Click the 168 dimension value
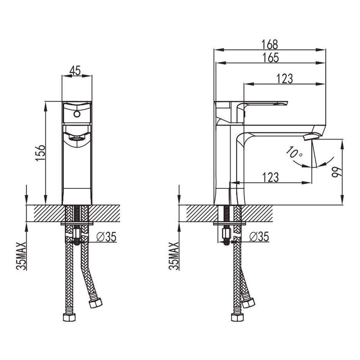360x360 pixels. click(x=270, y=44)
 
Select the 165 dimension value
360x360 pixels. click(x=270, y=58)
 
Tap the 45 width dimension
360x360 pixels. click(x=75, y=70)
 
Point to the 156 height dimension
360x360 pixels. click(x=40, y=152)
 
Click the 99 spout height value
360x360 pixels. click(x=337, y=172)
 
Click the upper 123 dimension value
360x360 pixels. click(x=284, y=79)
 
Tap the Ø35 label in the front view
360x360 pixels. click(x=106, y=236)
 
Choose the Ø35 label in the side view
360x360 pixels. click(x=259, y=236)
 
